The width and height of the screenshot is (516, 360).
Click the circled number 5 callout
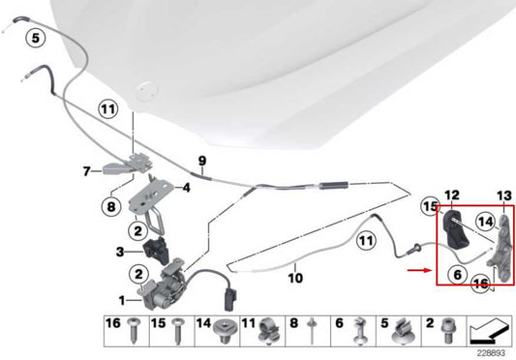pos(35,38)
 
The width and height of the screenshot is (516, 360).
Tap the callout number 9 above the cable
pos(202,161)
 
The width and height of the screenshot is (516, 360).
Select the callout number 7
pos(86,171)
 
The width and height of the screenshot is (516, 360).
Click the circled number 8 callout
pos(111,207)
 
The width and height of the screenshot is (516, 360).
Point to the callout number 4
pos(186,188)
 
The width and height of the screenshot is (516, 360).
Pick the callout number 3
pos(120,252)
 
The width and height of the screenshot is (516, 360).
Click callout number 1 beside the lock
pos(122,300)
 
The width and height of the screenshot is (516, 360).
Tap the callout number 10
pos(295,278)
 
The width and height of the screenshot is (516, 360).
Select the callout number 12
pos(452,195)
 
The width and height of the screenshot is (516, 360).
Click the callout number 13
pos(504,196)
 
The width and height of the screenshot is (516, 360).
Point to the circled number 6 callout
pos(458,274)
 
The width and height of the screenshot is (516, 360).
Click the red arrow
pos(419,271)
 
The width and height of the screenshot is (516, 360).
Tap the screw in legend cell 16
pos(135,330)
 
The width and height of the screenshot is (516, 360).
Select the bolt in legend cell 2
pos(447,330)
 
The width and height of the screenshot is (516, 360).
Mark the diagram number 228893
pos(491,353)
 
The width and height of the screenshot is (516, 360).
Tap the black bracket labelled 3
pos(156,250)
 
